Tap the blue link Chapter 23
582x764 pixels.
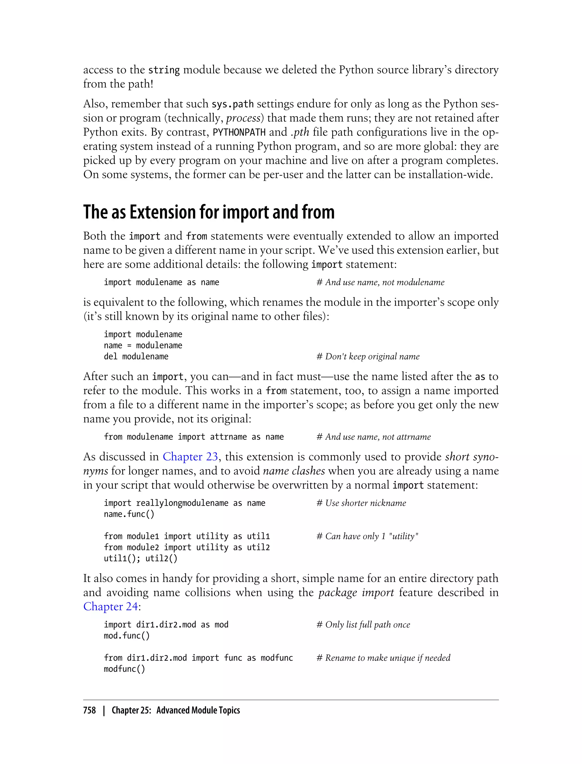click(x=190, y=457)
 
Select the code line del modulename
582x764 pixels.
click(x=136, y=356)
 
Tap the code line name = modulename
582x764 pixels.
click(x=143, y=345)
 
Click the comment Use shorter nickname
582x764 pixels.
click(x=361, y=503)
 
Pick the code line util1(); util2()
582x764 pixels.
click(x=140, y=559)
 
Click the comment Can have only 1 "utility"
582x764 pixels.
click(x=367, y=536)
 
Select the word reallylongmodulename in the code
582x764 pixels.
click(x=182, y=503)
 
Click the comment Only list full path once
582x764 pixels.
click(x=363, y=625)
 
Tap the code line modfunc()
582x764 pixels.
click(x=124, y=669)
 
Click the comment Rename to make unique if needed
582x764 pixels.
click(x=383, y=658)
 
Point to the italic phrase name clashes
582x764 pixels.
click(x=294, y=471)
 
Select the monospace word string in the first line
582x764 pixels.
click(x=164, y=70)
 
